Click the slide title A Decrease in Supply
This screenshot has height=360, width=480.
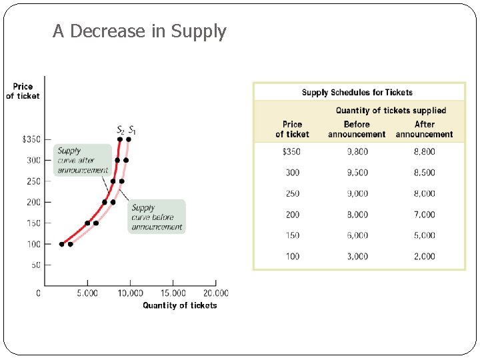point(139,31)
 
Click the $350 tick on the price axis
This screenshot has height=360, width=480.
point(31,139)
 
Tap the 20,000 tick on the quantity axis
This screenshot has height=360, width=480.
point(215,293)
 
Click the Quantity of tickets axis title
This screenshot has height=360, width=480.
point(179,305)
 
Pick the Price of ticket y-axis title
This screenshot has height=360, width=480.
point(23,91)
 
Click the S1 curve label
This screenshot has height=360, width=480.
point(132,129)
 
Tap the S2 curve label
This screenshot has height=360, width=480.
point(121,129)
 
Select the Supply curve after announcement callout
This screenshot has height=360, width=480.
point(82,160)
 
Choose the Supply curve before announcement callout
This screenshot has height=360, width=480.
point(157,217)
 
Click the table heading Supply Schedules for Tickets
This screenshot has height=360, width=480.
point(357,93)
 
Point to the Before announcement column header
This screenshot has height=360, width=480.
point(357,129)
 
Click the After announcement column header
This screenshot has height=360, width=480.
point(424,129)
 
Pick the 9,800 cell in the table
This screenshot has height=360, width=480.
point(357,151)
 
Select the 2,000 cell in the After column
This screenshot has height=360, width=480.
point(424,256)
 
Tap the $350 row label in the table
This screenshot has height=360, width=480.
point(292,151)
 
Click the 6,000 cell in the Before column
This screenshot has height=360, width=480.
point(357,235)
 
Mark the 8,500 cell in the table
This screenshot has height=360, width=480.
point(424,173)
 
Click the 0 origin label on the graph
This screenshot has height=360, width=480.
point(38,293)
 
